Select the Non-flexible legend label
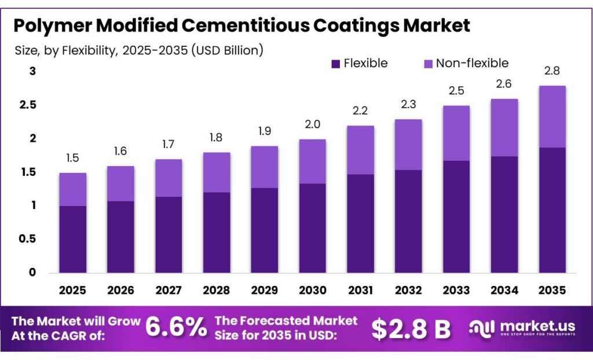point(472,63)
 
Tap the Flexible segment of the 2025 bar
point(72,239)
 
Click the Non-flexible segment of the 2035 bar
point(552,116)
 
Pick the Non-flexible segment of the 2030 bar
point(313,161)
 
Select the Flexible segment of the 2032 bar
point(408,221)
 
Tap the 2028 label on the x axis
point(217,289)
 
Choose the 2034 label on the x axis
point(504,289)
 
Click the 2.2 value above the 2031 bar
point(360,111)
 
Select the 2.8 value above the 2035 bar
point(552,71)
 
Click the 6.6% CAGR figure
point(176,328)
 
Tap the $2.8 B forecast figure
point(411,329)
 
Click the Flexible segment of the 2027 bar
point(169,234)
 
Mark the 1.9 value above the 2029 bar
point(265,131)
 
